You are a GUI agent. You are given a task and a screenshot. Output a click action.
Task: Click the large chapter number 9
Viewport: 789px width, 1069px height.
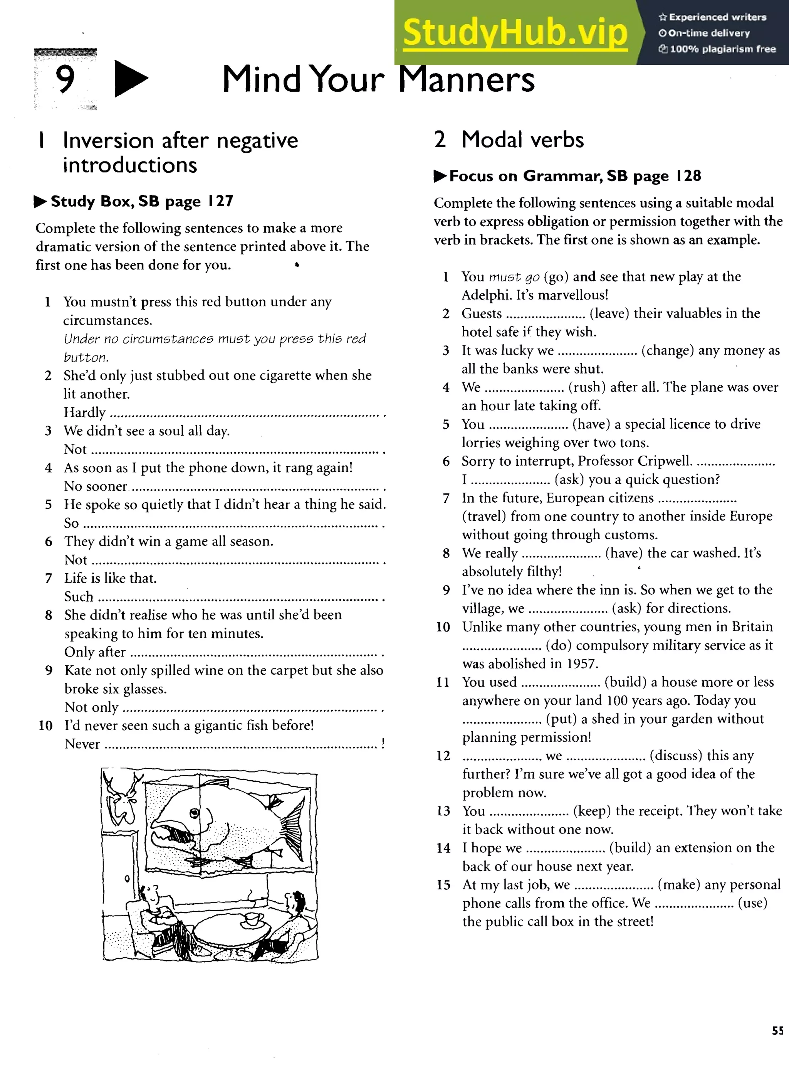point(65,79)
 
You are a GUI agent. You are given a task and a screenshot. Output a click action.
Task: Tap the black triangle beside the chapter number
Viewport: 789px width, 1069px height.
point(130,79)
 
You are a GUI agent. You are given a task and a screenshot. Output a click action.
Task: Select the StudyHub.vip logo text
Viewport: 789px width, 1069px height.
point(515,32)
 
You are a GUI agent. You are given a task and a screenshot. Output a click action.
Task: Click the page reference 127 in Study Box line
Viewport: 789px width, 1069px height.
point(220,201)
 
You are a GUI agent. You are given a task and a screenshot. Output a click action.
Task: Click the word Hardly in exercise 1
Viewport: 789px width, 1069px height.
point(84,412)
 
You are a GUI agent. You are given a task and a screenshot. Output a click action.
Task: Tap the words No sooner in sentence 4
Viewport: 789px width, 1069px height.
point(96,487)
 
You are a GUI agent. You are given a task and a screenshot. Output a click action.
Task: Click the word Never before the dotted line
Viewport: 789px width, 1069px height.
point(82,744)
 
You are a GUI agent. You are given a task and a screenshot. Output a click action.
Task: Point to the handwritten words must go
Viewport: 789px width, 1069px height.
point(514,277)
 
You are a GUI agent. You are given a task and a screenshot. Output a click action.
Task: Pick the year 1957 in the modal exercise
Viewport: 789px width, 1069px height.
point(582,664)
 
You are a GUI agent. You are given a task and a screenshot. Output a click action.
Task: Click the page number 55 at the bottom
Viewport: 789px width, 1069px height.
point(777,1044)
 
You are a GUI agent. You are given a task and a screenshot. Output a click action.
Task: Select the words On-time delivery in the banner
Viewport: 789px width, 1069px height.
point(709,33)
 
